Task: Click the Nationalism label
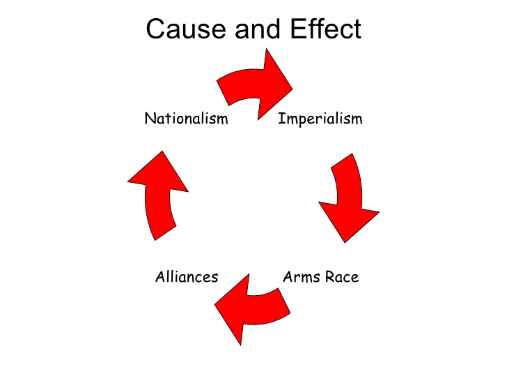[186, 119]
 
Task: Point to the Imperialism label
[320, 119]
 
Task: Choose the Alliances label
[186, 277]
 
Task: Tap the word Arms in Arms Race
[301, 277]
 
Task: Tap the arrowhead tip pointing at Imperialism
[292, 89]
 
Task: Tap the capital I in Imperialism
[281, 119]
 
